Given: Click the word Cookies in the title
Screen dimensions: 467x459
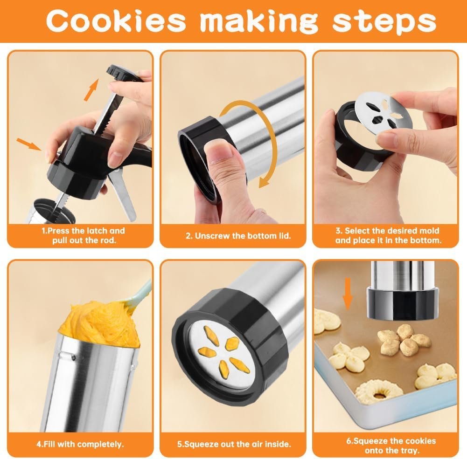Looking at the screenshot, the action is (116, 21).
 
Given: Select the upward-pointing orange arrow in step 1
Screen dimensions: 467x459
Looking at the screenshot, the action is (91, 89).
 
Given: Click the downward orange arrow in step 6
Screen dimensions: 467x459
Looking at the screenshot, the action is (348, 293).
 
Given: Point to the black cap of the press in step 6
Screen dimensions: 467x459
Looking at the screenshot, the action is (403, 303).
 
